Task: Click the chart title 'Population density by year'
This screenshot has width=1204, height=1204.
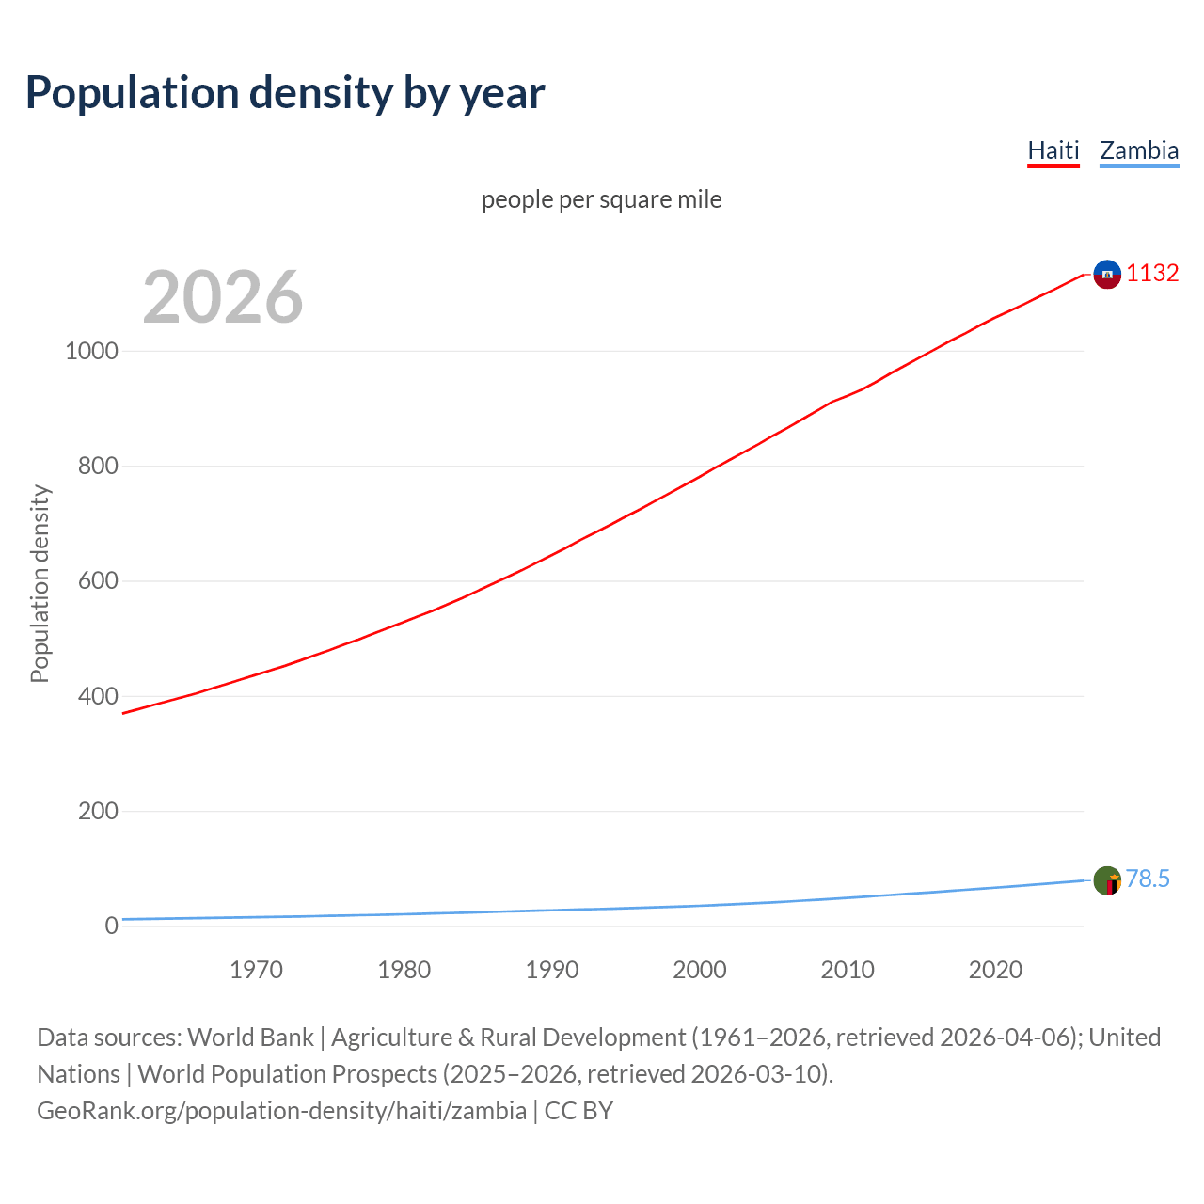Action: click(285, 92)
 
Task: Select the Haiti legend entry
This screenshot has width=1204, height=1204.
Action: click(1053, 150)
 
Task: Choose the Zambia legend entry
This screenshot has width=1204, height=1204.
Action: click(1139, 150)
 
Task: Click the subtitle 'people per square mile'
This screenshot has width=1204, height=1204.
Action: click(602, 199)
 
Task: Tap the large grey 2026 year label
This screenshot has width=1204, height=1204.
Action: click(223, 297)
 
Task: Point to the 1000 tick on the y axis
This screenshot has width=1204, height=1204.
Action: click(92, 351)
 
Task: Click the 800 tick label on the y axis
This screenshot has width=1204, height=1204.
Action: click(98, 466)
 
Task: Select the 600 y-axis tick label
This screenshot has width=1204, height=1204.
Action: click(98, 581)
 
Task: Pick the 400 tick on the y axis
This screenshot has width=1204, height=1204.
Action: click(98, 696)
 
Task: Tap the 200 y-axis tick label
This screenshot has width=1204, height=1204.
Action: click(98, 811)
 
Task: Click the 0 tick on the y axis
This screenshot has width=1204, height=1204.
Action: click(112, 926)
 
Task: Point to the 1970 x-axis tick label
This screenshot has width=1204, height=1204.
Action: click(256, 970)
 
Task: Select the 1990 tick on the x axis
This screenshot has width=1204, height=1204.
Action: click(552, 970)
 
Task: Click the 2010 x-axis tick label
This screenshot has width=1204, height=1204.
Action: click(848, 970)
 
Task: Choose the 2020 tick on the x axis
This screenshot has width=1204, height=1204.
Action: click(995, 970)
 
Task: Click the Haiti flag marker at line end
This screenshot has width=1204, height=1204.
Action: click(1107, 274)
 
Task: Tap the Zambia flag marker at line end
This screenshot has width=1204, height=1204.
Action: click(1107, 880)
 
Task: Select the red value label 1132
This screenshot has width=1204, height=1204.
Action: click(1152, 273)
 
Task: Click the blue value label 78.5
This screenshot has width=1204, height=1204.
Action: click(1148, 879)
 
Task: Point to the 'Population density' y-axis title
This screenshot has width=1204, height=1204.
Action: click(40, 583)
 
